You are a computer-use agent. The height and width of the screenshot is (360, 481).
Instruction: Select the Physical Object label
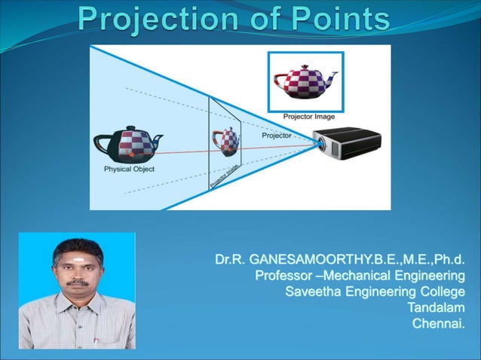(x=129, y=169)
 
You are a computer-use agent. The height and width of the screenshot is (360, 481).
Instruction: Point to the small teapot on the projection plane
(x=226, y=140)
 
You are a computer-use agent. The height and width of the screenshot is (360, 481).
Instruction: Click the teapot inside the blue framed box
(x=305, y=81)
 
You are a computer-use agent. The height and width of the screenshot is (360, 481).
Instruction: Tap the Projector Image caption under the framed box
(x=309, y=117)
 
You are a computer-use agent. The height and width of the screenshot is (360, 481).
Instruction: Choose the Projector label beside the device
(x=277, y=136)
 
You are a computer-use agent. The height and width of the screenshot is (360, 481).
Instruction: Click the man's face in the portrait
(x=77, y=272)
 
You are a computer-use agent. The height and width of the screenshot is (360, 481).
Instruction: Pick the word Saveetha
(x=311, y=291)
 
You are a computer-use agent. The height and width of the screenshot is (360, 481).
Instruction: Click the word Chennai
(x=438, y=324)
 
